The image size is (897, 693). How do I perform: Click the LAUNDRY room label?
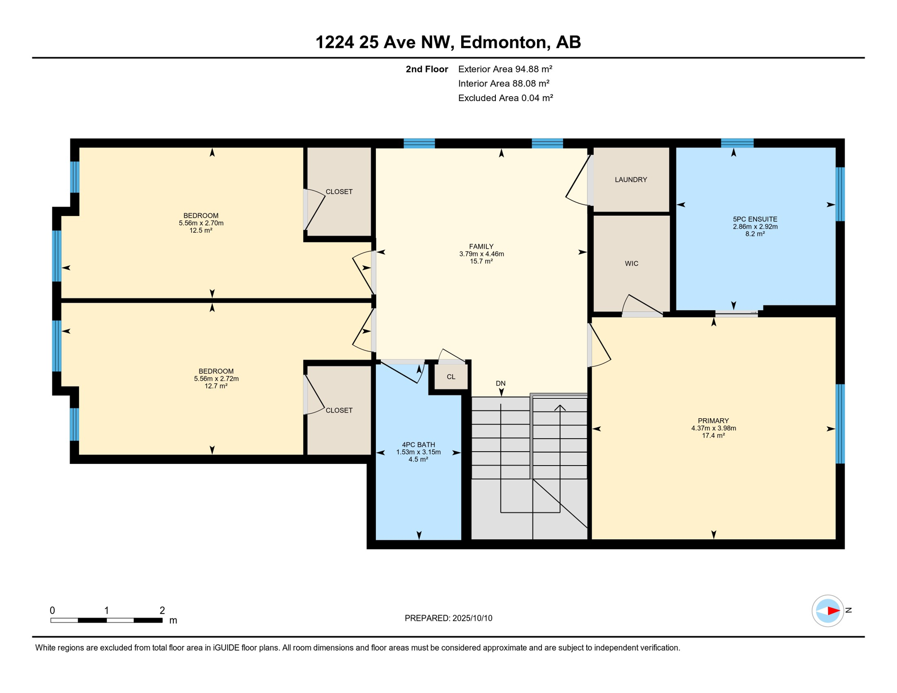click(631, 180)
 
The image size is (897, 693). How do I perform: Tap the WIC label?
click(632, 263)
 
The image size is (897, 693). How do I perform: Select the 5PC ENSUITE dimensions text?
click(755, 226)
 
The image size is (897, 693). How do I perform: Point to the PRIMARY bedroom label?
click(713, 420)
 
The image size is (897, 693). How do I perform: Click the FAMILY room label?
click(481, 246)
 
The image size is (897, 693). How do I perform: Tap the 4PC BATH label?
click(419, 444)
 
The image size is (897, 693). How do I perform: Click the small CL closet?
click(451, 377)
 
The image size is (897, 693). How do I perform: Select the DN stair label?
click(501, 383)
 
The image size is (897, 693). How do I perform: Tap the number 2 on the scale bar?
click(162, 610)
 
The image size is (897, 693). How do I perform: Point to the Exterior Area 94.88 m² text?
click(505, 69)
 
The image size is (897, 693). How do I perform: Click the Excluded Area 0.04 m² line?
click(506, 98)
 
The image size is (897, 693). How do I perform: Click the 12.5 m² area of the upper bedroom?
click(201, 230)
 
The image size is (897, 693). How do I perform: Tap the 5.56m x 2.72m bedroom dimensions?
click(217, 379)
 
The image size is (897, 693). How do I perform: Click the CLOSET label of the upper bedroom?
click(339, 192)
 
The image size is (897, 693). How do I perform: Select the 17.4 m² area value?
click(713, 435)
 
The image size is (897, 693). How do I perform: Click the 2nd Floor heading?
click(427, 69)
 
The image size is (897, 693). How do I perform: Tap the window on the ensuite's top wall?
click(737, 143)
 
